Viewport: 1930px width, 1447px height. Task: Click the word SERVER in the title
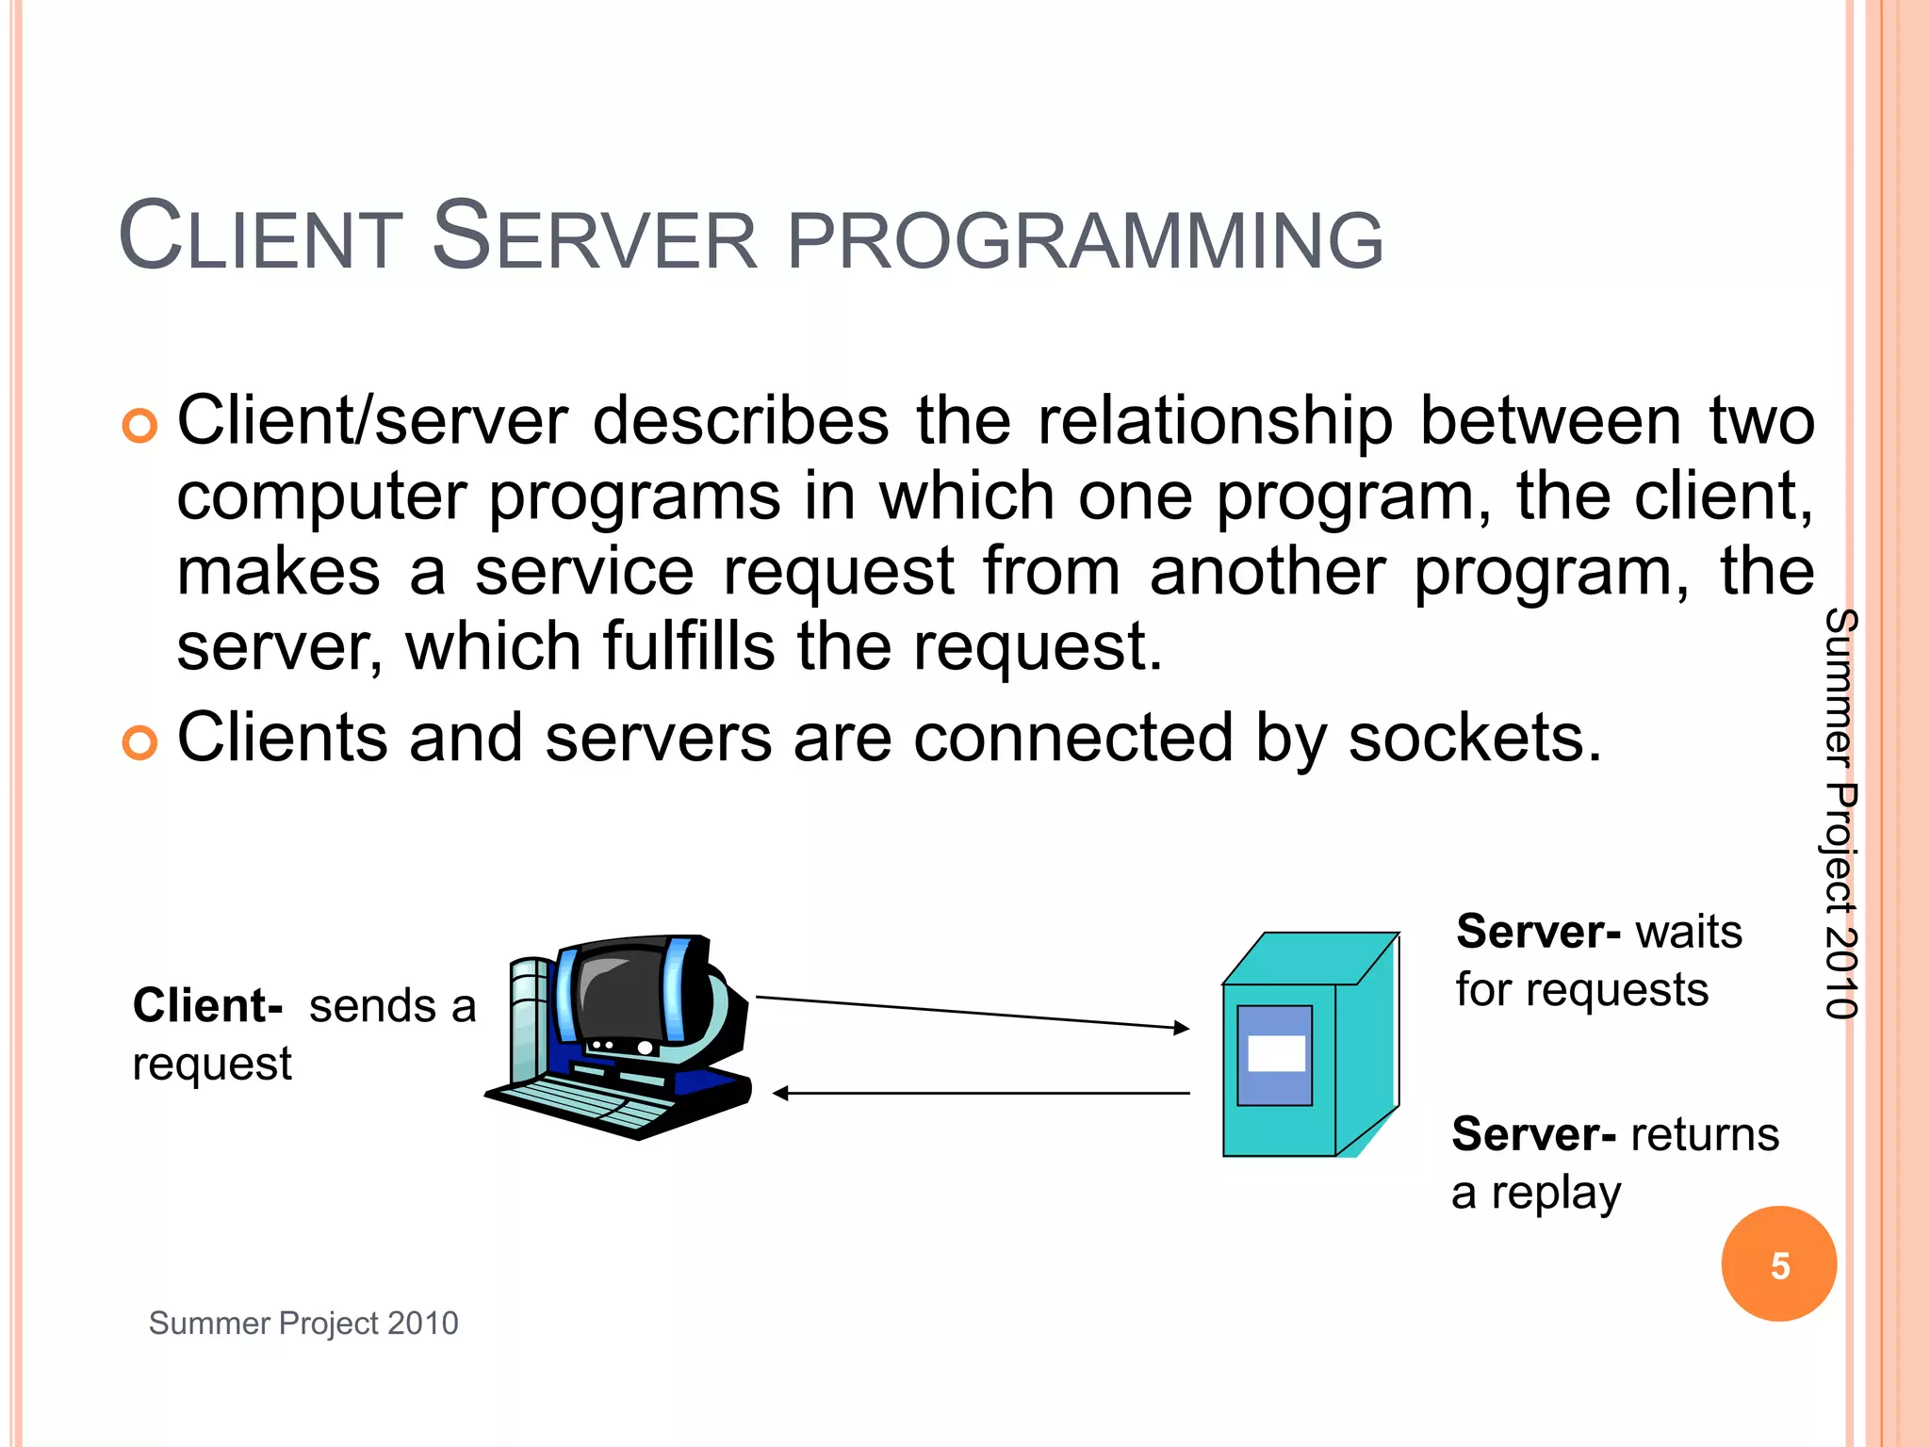tap(594, 237)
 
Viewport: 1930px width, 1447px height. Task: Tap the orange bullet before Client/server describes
tap(139, 426)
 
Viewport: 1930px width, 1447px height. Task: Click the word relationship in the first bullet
tap(1215, 421)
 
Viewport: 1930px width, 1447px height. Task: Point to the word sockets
tap(1475, 738)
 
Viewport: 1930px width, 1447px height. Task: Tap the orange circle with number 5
tap(1778, 1264)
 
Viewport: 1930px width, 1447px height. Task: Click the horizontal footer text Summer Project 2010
tap(303, 1324)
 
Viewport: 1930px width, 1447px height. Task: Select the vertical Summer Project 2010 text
tap(1840, 813)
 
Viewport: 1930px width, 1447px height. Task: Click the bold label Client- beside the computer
tap(208, 1006)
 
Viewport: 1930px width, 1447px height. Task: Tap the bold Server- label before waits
tap(1538, 932)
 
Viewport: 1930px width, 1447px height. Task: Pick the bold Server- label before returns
tap(1534, 1134)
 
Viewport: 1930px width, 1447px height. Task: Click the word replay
tap(1556, 1194)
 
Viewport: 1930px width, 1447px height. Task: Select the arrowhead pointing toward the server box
tap(1181, 1028)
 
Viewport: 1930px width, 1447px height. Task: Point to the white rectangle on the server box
tap(1276, 1053)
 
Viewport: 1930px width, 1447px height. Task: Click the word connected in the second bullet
tap(1073, 738)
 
